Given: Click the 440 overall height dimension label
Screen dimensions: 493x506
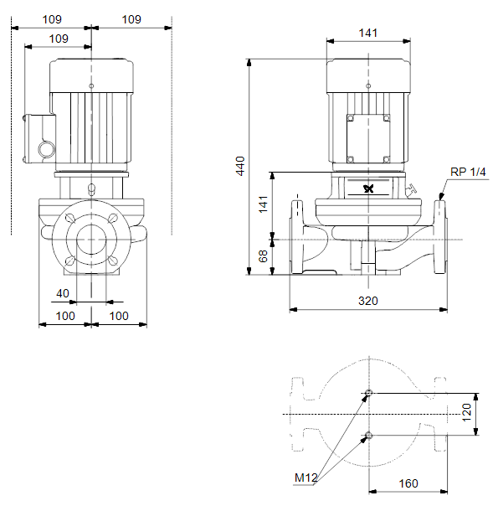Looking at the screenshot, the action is click(240, 166).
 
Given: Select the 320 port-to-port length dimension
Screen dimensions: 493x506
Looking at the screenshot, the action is click(368, 301).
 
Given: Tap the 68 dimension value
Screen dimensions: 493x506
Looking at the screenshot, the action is click(263, 256).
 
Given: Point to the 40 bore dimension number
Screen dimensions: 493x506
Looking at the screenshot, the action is click(63, 293).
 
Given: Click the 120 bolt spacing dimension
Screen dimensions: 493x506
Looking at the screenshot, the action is click(466, 412).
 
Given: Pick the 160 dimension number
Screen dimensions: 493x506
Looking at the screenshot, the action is click(408, 483).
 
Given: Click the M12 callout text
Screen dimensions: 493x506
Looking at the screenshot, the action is click(306, 478).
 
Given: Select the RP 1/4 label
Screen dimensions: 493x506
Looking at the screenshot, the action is click(468, 172).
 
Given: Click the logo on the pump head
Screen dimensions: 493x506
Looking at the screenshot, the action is click(368, 188).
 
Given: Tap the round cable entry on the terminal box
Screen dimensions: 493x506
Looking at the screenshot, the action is click(46, 149).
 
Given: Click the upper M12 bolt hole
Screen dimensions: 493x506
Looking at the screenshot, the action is click(369, 393).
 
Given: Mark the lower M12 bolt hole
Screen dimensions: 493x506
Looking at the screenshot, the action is click(369, 435).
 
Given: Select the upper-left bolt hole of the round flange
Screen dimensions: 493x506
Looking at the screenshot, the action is click(70, 218).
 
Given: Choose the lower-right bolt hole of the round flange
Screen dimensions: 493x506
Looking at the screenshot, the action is click(113, 261).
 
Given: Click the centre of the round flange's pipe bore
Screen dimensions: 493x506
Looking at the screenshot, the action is click(91, 240).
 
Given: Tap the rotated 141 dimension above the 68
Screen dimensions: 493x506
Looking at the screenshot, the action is click(263, 204).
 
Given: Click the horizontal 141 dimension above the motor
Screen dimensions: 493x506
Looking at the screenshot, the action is click(368, 33).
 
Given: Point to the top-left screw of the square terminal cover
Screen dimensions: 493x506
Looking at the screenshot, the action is click(351, 118).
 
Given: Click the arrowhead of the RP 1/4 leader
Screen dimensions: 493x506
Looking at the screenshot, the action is click(441, 196).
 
